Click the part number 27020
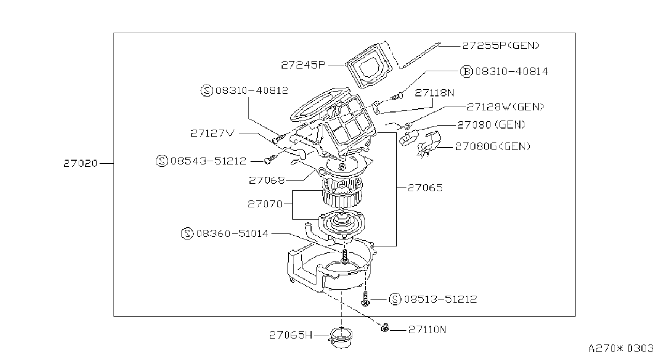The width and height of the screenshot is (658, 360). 80,163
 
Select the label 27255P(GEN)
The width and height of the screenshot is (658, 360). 501,46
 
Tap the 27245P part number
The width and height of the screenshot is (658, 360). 304,65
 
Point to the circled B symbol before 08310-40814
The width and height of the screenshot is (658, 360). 466,71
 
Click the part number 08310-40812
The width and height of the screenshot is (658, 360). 252,90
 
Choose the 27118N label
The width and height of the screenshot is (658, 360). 434,93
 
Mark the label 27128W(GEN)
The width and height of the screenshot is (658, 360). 505,107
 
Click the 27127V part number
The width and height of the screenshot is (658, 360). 213,133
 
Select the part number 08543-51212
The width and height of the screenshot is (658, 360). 208,161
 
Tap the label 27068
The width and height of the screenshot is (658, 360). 267,180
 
